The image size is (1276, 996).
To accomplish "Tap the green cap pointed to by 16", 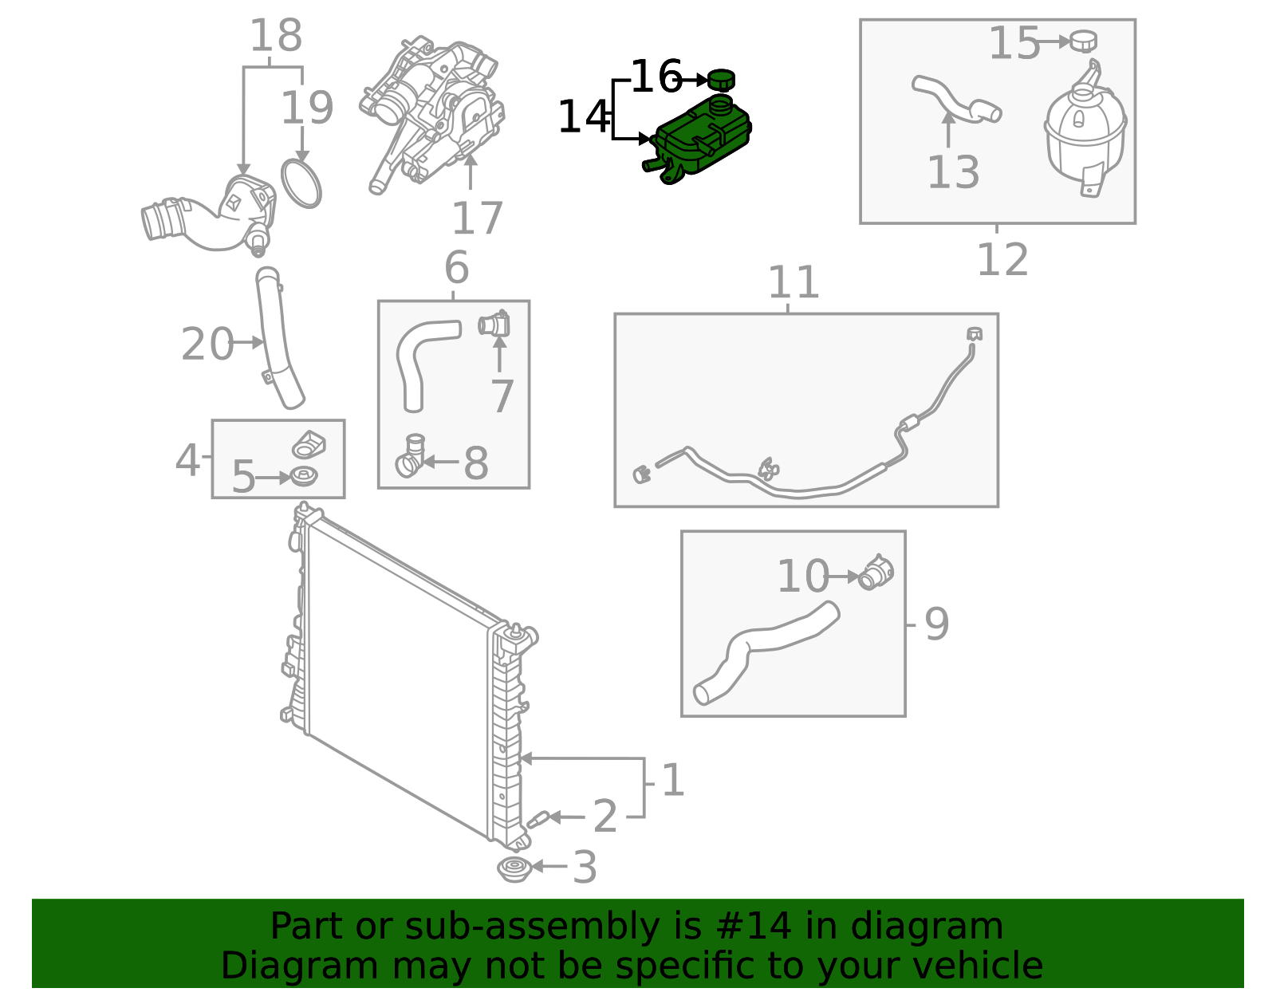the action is point(722,80).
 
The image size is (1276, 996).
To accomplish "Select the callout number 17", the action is point(478,218).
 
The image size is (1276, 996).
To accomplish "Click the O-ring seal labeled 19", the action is point(301,183).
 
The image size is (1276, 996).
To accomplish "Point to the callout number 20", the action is point(207,344).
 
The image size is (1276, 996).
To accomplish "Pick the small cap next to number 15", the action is point(1083,41).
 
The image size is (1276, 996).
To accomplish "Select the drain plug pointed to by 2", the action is point(538,819).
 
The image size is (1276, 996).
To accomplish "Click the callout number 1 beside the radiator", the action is point(673,780).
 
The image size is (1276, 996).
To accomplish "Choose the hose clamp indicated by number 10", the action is point(876,573).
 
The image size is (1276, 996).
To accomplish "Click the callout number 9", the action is point(936,624).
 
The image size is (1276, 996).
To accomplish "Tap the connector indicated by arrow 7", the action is point(494,324).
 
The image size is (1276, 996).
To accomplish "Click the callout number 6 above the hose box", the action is point(457,267).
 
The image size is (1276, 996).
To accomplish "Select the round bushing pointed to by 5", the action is point(304,475).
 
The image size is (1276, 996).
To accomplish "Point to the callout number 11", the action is point(794,282).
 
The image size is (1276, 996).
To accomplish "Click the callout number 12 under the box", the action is point(1002,259).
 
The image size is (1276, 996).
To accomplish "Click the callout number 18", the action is point(276,35).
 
